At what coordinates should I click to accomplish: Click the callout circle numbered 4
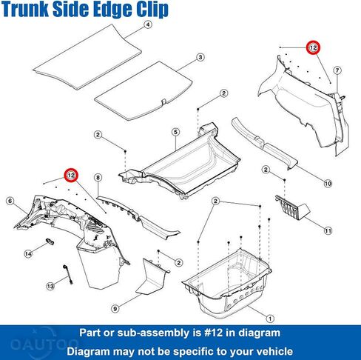click(x=147, y=24)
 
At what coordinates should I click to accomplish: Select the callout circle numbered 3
click(x=200, y=57)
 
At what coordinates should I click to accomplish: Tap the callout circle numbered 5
click(x=175, y=132)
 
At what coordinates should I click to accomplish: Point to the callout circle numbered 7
click(x=337, y=70)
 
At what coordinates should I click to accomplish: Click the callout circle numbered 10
click(x=328, y=184)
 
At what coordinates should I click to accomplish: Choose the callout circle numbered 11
click(x=328, y=231)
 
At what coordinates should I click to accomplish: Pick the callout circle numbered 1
click(x=270, y=319)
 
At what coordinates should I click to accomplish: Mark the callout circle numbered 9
click(x=115, y=309)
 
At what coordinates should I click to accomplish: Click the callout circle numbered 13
click(x=50, y=287)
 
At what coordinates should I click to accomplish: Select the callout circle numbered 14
click(x=28, y=254)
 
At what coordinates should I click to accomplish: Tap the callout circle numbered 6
click(x=10, y=201)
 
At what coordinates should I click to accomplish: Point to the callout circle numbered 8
click(x=98, y=178)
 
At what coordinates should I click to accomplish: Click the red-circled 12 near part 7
click(x=313, y=47)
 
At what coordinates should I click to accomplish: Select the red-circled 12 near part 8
click(x=71, y=176)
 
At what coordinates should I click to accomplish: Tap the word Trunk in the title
click(x=25, y=9)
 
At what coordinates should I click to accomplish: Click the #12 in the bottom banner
click(x=214, y=333)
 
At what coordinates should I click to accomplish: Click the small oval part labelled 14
click(x=50, y=241)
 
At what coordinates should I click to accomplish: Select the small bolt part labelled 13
click(x=68, y=274)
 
